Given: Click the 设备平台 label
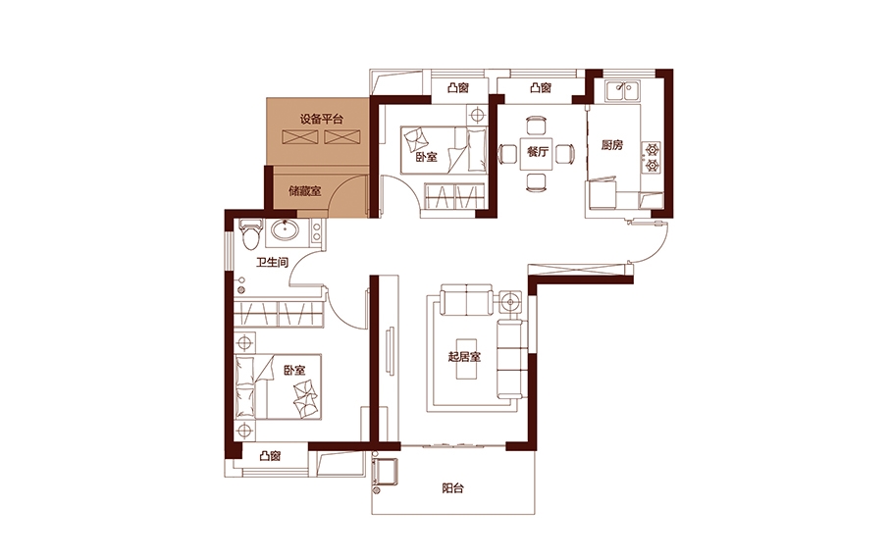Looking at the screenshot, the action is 322,120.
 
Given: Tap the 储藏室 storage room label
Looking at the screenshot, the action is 304,191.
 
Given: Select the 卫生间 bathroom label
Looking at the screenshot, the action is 272,263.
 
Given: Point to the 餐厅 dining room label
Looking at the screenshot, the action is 538,152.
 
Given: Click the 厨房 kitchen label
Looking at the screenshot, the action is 612,145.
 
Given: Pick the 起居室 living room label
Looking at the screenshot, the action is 464,357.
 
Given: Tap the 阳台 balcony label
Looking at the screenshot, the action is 453,488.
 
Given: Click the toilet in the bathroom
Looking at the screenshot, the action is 249,234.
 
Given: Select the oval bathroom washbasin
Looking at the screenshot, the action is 285,230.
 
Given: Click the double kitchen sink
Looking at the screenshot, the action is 623,91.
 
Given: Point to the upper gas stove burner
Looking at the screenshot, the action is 652,149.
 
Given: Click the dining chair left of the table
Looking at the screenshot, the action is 507,154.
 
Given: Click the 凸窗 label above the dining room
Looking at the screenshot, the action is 541,88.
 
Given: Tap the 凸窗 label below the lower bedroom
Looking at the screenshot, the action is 270,456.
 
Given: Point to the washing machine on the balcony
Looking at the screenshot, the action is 386,473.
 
